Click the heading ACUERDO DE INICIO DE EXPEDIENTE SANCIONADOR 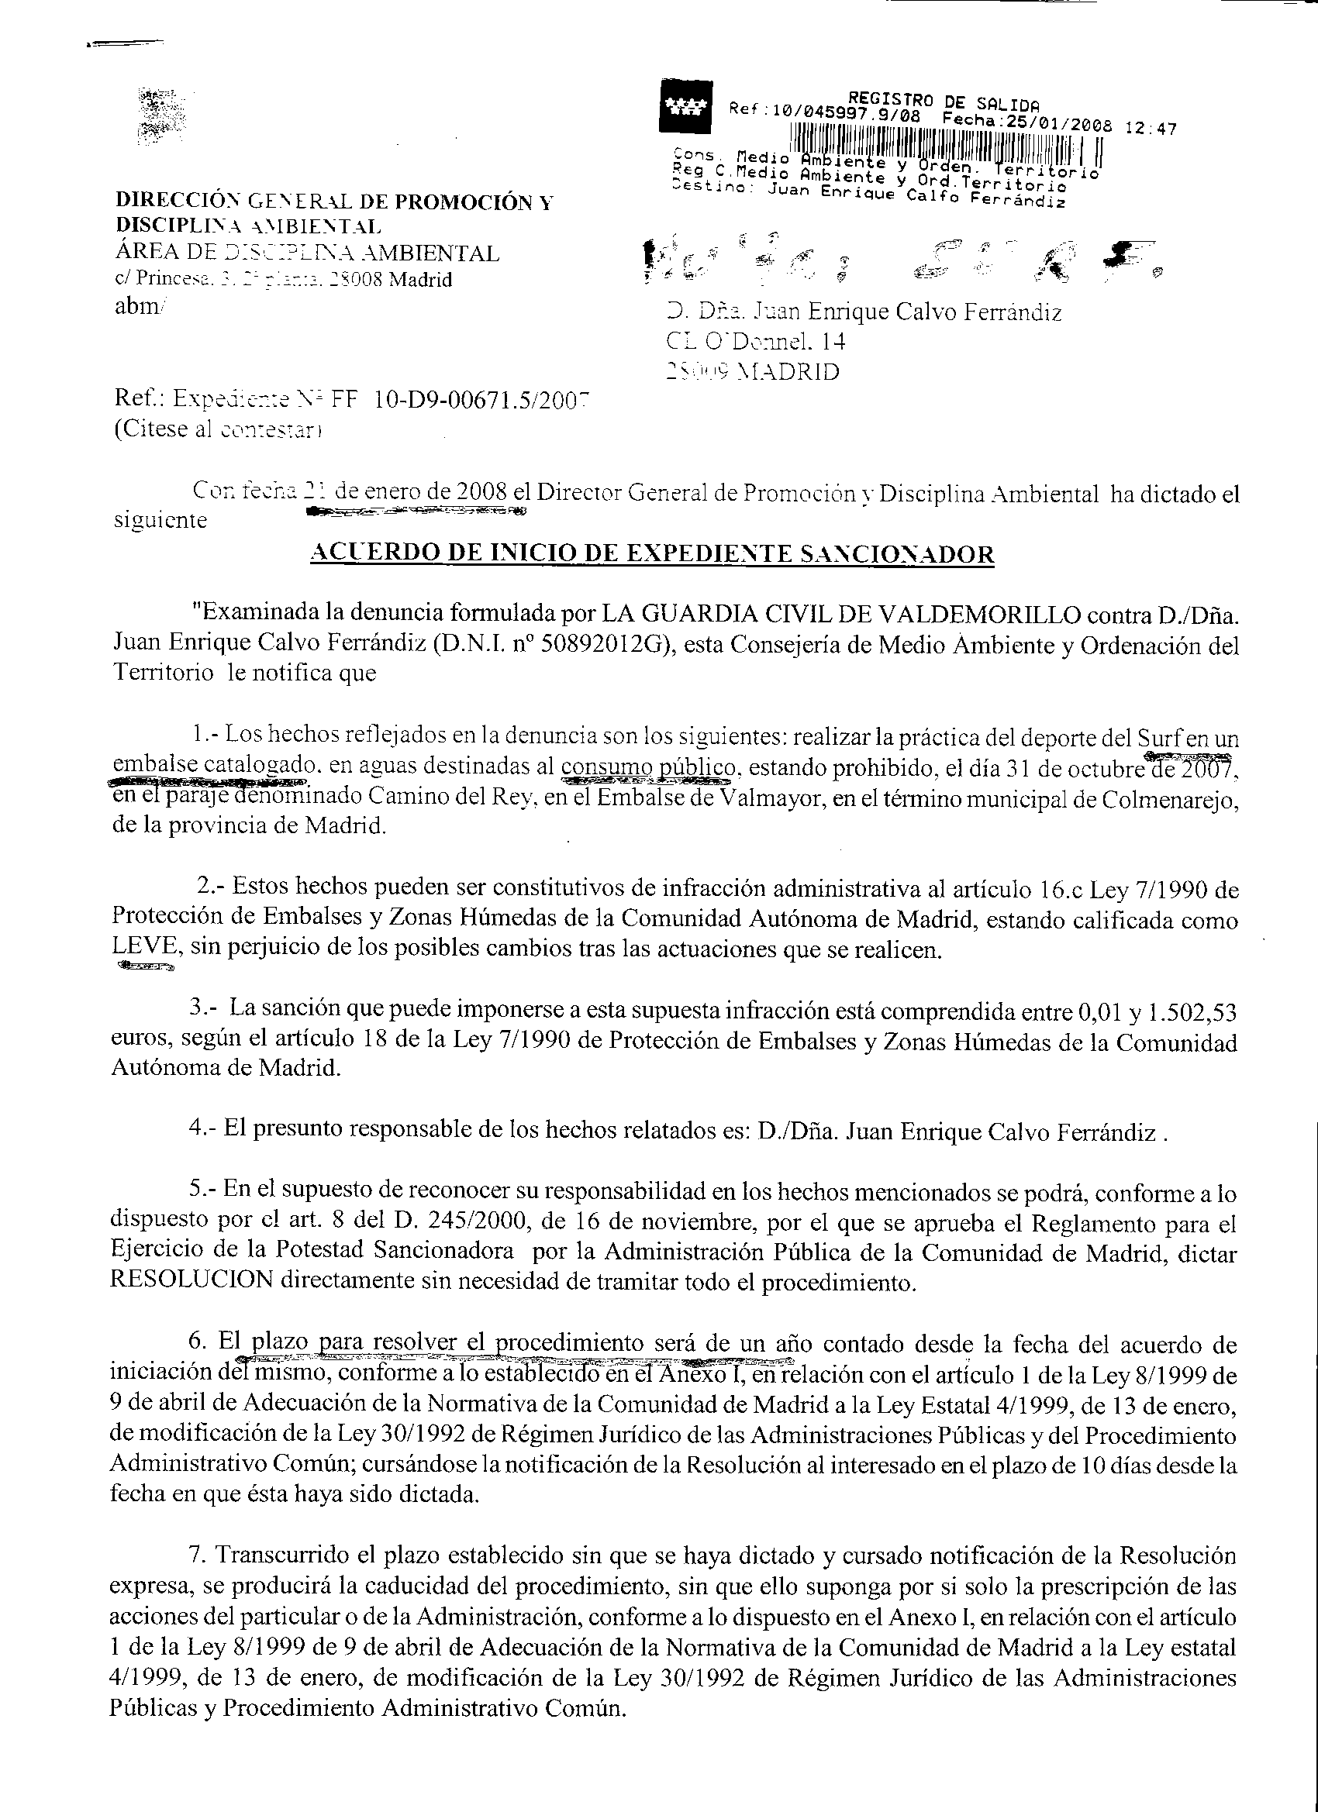651,553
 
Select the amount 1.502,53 1192,1014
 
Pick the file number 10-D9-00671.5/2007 481,398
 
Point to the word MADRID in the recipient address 786,372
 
